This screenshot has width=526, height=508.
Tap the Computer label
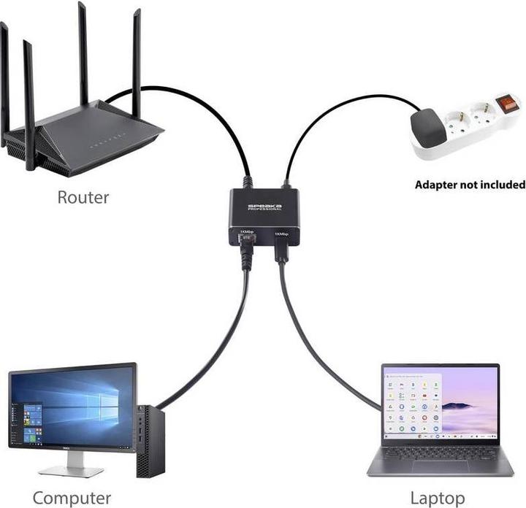click(x=72, y=498)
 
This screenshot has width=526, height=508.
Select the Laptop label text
click(x=437, y=498)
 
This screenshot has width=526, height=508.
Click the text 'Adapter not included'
click(x=470, y=184)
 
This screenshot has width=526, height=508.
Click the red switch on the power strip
click(x=506, y=104)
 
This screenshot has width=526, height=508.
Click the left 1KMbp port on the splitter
click(x=246, y=246)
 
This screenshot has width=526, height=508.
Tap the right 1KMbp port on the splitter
click(x=281, y=247)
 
